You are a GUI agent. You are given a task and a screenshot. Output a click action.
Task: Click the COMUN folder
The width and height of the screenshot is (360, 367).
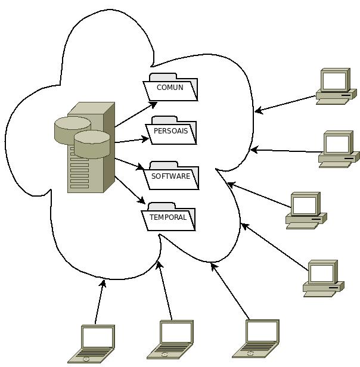(170, 88)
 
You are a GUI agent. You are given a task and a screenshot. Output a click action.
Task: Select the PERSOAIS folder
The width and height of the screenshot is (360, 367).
(171, 130)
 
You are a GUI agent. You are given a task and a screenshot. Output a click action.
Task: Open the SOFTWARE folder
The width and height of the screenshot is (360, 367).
(172, 176)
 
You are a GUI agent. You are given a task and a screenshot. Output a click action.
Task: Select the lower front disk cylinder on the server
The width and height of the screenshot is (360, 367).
(92, 144)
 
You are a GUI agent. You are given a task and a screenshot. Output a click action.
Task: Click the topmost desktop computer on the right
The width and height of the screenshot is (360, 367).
(336, 86)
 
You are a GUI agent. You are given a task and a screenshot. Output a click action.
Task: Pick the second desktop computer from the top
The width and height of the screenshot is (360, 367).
(338, 150)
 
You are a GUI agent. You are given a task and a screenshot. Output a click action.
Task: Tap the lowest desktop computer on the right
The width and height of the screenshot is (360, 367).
(323, 278)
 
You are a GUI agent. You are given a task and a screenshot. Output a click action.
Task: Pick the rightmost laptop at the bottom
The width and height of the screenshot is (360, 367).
(257, 340)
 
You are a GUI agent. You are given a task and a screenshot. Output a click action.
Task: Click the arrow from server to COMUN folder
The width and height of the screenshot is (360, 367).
(135, 115)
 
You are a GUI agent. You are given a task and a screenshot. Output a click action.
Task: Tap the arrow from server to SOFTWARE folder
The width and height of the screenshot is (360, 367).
(129, 164)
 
